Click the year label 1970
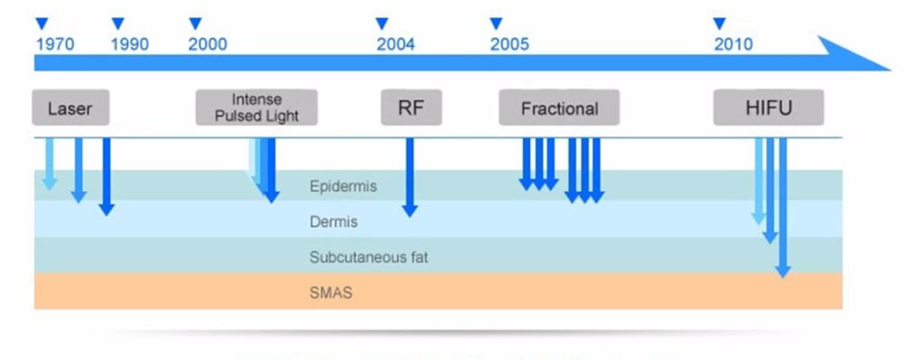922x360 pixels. (x=55, y=44)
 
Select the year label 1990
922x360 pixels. (x=130, y=44)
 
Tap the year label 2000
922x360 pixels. (x=207, y=44)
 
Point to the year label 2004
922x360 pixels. (x=396, y=44)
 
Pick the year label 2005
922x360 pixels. (x=510, y=44)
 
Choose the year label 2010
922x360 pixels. (x=734, y=44)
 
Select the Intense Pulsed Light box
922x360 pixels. (x=257, y=108)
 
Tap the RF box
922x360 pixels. (x=409, y=108)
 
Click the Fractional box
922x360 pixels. (x=559, y=108)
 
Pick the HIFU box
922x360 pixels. (x=768, y=108)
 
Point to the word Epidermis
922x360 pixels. (x=342, y=187)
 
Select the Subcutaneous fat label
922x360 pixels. (x=368, y=257)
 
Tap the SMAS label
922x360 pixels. (x=330, y=292)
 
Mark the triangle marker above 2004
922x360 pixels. (x=381, y=22)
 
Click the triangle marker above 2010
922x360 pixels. (x=719, y=22)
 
